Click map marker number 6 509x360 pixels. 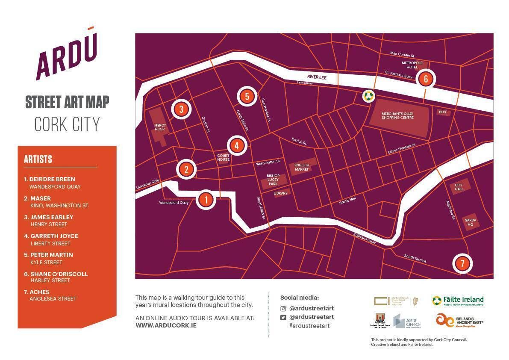pos(426,79)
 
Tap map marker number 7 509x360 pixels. pos(462,263)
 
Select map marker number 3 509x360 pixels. pos(181,109)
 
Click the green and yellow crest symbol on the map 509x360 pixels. pos(368,96)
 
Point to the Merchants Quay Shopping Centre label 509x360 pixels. pos(397,115)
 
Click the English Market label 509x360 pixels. pos(302,168)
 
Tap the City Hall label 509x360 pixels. pos(459,187)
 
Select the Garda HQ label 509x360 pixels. pos(470,222)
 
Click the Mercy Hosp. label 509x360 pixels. pos(160,127)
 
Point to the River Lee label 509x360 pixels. pos(317,77)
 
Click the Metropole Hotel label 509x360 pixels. pos(412,65)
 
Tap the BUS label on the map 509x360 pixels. pos(442,112)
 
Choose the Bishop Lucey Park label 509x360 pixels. pos(273,180)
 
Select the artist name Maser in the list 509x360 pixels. pos(41,198)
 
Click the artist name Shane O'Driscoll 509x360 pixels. pos(59,274)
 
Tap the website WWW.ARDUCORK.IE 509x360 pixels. pos(166,325)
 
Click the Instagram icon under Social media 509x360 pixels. pos(283,308)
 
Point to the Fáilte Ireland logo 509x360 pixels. pos(458,301)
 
